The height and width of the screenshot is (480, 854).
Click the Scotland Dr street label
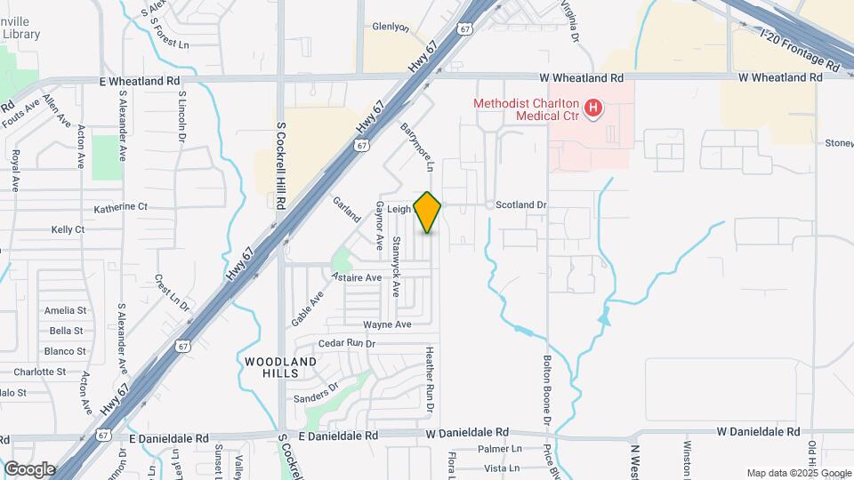tap(520, 205)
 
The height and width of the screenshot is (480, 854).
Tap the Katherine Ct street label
tap(121, 207)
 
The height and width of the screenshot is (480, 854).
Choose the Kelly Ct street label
tap(68, 229)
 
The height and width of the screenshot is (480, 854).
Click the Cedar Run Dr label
tap(348, 343)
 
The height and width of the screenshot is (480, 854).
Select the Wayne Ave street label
tap(387, 324)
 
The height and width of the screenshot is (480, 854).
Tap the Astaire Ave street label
tap(356, 277)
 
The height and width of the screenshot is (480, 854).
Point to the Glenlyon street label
tap(391, 28)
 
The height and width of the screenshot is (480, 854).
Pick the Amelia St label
tap(65, 311)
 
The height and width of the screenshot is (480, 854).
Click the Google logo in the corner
tap(29, 468)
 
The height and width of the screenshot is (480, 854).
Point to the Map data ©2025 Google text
tap(797, 473)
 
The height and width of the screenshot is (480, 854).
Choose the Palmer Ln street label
tap(498, 450)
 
